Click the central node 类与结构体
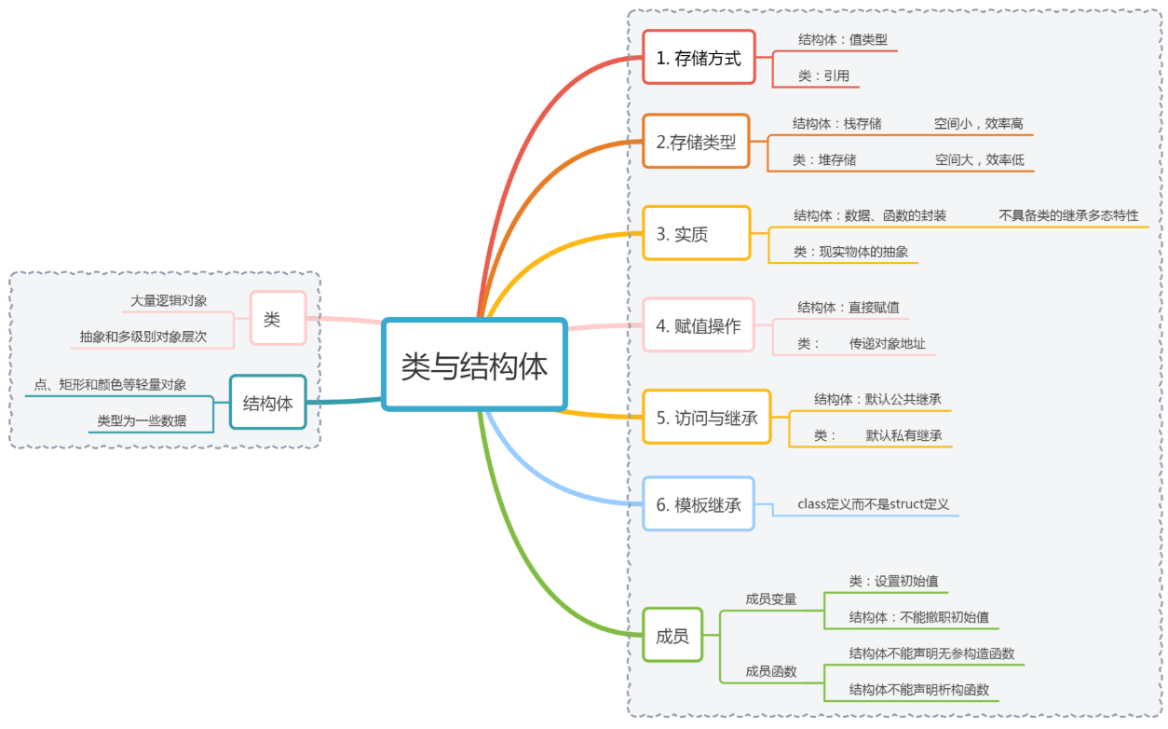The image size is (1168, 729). (x=474, y=365)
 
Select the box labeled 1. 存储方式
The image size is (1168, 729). (x=699, y=58)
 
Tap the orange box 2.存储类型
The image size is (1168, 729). (x=696, y=142)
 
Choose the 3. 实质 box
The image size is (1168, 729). (x=696, y=233)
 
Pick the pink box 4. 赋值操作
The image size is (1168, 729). (x=698, y=325)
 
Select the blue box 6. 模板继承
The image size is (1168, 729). (x=698, y=504)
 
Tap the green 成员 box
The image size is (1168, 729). (x=672, y=636)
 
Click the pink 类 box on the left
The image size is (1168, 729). (x=272, y=319)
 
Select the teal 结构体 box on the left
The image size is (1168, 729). (x=267, y=403)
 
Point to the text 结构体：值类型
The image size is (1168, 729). (x=835, y=40)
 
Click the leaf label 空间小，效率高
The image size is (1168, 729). (x=979, y=123)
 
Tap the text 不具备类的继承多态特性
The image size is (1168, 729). (x=1068, y=215)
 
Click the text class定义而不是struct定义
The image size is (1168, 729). (x=873, y=503)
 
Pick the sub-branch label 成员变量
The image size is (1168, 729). (x=771, y=598)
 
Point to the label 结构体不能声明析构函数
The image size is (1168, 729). (x=918, y=690)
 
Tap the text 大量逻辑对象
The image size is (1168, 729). (x=169, y=300)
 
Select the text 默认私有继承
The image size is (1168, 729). (x=903, y=434)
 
